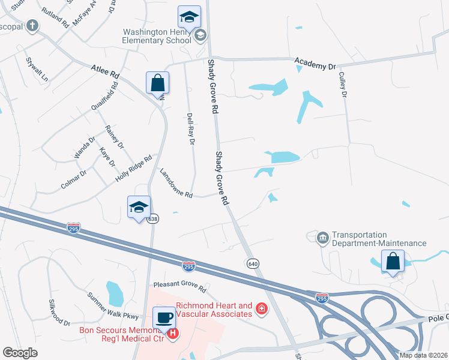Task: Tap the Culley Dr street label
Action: pos(344,85)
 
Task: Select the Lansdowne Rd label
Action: pos(175,183)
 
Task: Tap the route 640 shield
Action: pos(252,263)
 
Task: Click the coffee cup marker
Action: pos(164,317)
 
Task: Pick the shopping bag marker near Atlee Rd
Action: pos(157,83)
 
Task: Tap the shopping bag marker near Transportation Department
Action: pos(393,261)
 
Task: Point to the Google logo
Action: pos(20,353)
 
